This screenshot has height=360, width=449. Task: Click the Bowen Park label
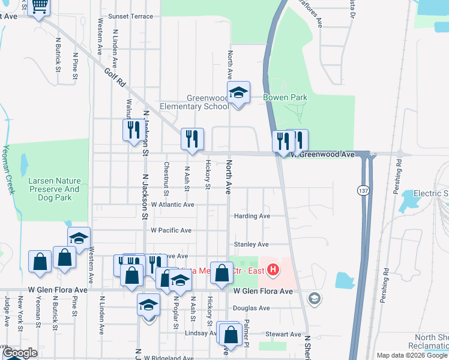pyautogui.click(x=285, y=97)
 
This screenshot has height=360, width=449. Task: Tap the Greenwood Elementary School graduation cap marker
pyautogui.click(x=238, y=93)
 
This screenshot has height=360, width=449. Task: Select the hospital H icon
pyautogui.click(x=273, y=271)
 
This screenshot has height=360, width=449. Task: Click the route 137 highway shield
pyautogui.click(x=362, y=190)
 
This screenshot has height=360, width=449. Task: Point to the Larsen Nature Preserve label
pyautogui.click(x=54, y=185)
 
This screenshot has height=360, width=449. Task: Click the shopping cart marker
pyautogui.click(x=39, y=7)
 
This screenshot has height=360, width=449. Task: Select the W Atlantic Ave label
pyautogui.click(x=172, y=205)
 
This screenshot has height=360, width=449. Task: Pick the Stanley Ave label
pyautogui.click(x=251, y=244)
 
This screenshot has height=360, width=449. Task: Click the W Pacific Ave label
pyautogui.click(x=171, y=230)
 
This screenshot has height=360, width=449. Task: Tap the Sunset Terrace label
pyautogui.click(x=131, y=16)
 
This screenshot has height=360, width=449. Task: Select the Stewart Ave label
pyautogui.click(x=283, y=334)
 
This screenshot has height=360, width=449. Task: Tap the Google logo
pyautogui.click(x=20, y=353)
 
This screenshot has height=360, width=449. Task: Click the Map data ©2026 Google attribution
pyautogui.click(x=411, y=355)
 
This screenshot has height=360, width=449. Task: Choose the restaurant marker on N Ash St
pyautogui.click(x=192, y=139)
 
